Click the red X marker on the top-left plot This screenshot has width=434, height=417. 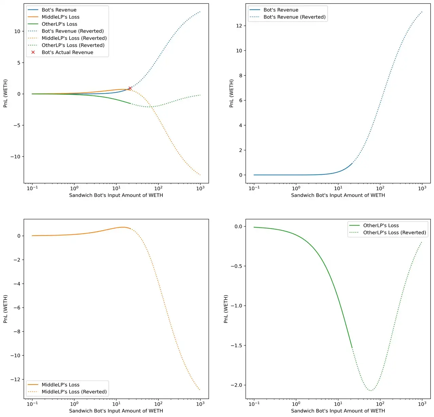coord(130,88)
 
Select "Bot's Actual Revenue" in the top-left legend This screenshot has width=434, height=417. coord(67,52)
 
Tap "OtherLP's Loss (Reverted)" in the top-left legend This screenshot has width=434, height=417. coord(73,45)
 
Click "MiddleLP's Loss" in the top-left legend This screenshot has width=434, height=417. coord(60,17)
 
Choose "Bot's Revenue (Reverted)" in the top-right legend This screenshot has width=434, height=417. coord(294,17)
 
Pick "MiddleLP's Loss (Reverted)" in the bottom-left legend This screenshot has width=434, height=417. coord(74,392)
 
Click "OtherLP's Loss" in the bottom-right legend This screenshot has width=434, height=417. coord(381,225)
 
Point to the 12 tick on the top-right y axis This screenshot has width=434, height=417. coord(239,26)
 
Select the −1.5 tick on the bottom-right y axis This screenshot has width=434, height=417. coord(237,346)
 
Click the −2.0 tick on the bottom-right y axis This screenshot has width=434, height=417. coord(237,385)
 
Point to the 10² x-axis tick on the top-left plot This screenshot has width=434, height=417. coord(158,188)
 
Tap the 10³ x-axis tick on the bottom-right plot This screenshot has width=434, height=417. coord(422,404)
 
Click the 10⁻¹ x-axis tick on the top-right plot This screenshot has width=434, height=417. coord(254,188)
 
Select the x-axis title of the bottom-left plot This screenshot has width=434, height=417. coord(116,411)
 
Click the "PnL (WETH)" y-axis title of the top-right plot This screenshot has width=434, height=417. coord(232,93)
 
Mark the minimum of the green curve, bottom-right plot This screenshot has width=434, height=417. coord(371,391)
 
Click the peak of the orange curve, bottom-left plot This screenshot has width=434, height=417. coord(123,227)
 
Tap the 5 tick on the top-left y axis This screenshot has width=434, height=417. coord(19,63)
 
